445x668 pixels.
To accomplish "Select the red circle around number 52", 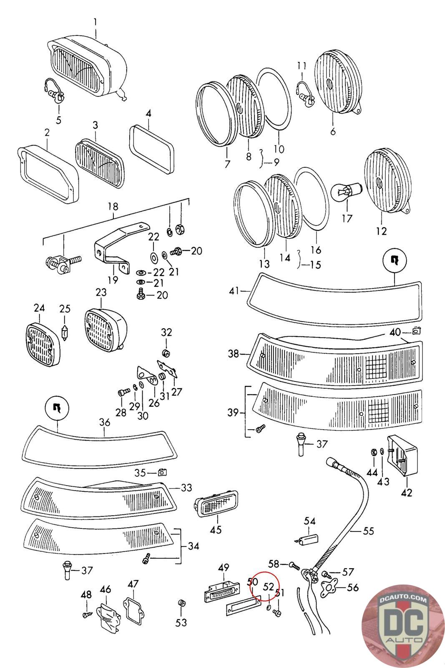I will pos(267,586).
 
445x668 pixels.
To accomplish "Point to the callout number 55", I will pos(368,531).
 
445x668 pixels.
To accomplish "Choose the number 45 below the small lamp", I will pos(216,530).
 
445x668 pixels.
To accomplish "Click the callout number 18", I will pos(113,207).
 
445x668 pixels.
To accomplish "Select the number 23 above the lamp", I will pos(101,292).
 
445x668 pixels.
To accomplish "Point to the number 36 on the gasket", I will pos(105,422).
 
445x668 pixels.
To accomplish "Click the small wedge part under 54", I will pos(309,539).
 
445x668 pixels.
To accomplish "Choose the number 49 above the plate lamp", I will pos(224,568).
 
